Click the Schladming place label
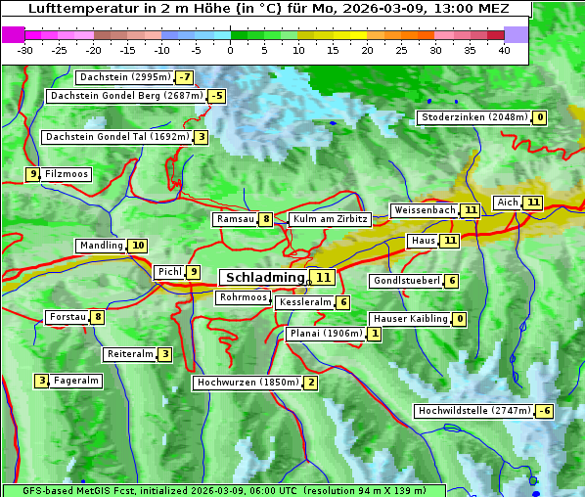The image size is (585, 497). pos(265,278)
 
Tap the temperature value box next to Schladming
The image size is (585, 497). pos(324,278)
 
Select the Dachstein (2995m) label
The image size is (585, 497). pos(124,77)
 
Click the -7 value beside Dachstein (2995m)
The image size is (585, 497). pos(184,77)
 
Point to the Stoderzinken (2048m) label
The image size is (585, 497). pos(473,117)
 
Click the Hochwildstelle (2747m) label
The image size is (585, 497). pos(473,411)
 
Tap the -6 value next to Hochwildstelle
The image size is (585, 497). pos(544,411)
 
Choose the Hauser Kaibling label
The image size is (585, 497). pos(410,319)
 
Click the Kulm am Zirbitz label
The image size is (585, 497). pos(331,220)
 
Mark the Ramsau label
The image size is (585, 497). pos(236,220)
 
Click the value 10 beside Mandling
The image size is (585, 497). pos(138,246)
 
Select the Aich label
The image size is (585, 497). pos(508,203)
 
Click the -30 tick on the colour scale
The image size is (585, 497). pos(25,49)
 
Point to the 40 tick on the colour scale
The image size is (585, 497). pos(504,49)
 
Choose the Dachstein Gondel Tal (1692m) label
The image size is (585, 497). pos(117,137)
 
